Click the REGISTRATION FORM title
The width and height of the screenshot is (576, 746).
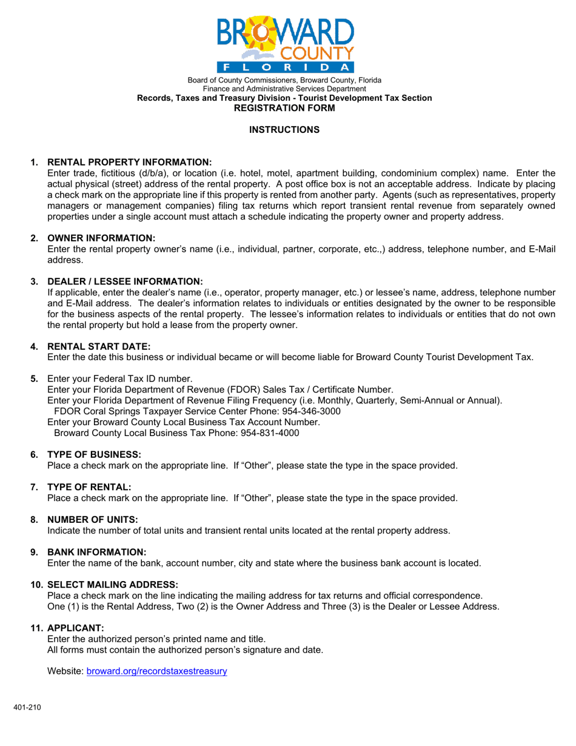tap(284, 108)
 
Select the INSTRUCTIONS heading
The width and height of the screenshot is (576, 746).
tap(284, 129)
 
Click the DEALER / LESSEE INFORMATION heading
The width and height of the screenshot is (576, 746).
tap(124, 281)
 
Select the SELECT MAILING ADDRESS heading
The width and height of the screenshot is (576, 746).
tap(113, 584)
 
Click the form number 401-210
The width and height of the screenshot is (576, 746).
tap(28, 708)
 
